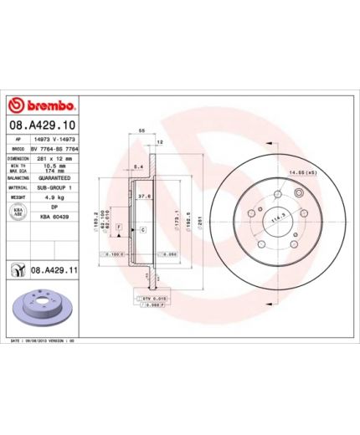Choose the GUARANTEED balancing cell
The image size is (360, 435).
click(53, 178)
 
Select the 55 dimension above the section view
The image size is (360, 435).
click(142, 131)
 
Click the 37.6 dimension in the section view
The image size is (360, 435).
click(143, 197)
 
